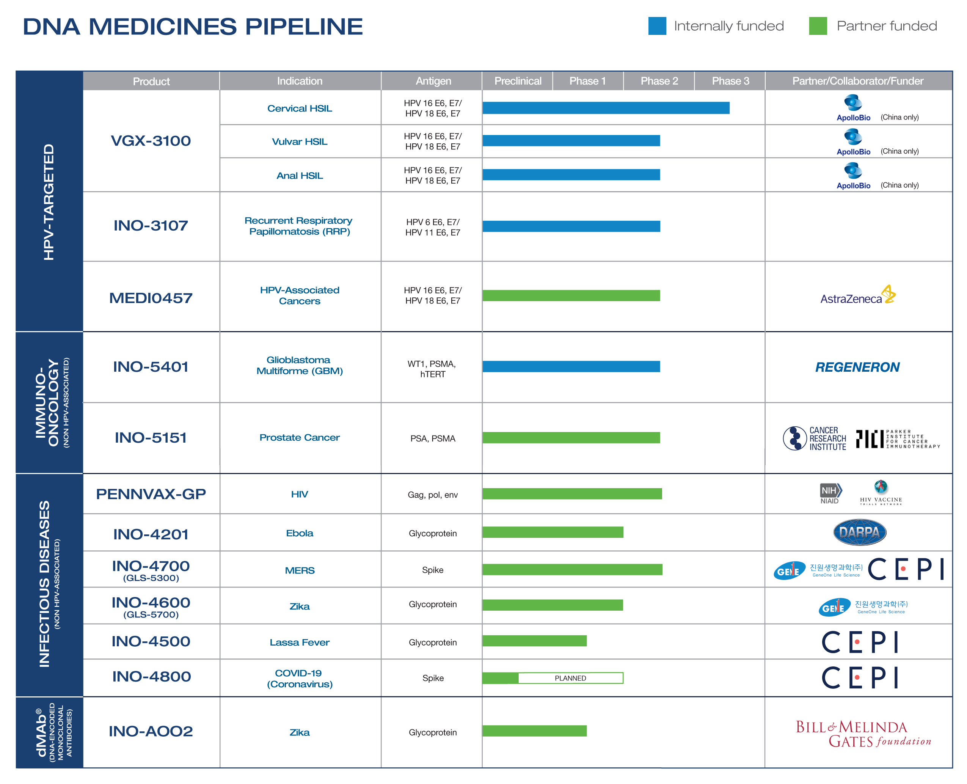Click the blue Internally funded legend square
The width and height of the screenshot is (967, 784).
(x=657, y=26)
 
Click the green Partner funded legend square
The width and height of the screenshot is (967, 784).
(x=818, y=26)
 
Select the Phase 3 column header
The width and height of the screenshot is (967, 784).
(x=730, y=81)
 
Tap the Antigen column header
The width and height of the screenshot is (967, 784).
(x=433, y=81)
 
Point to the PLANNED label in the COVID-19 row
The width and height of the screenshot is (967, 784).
(x=570, y=678)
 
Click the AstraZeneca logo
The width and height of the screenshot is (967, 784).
(x=857, y=296)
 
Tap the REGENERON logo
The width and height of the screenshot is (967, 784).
(x=857, y=367)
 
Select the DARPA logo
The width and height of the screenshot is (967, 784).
(x=859, y=533)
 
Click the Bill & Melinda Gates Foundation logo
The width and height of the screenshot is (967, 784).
(x=862, y=734)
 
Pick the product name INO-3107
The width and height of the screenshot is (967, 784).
(x=151, y=225)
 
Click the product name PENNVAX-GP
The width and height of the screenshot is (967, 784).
(x=151, y=494)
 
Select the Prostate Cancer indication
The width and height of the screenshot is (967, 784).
(x=299, y=437)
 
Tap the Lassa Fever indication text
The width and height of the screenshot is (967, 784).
(x=299, y=642)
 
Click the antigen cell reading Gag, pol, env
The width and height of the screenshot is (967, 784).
(x=432, y=495)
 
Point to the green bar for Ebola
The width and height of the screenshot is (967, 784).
(x=553, y=533)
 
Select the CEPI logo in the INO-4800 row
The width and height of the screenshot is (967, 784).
(x=860, y=677)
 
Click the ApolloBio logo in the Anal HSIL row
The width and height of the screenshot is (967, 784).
(x=853, y=176)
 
